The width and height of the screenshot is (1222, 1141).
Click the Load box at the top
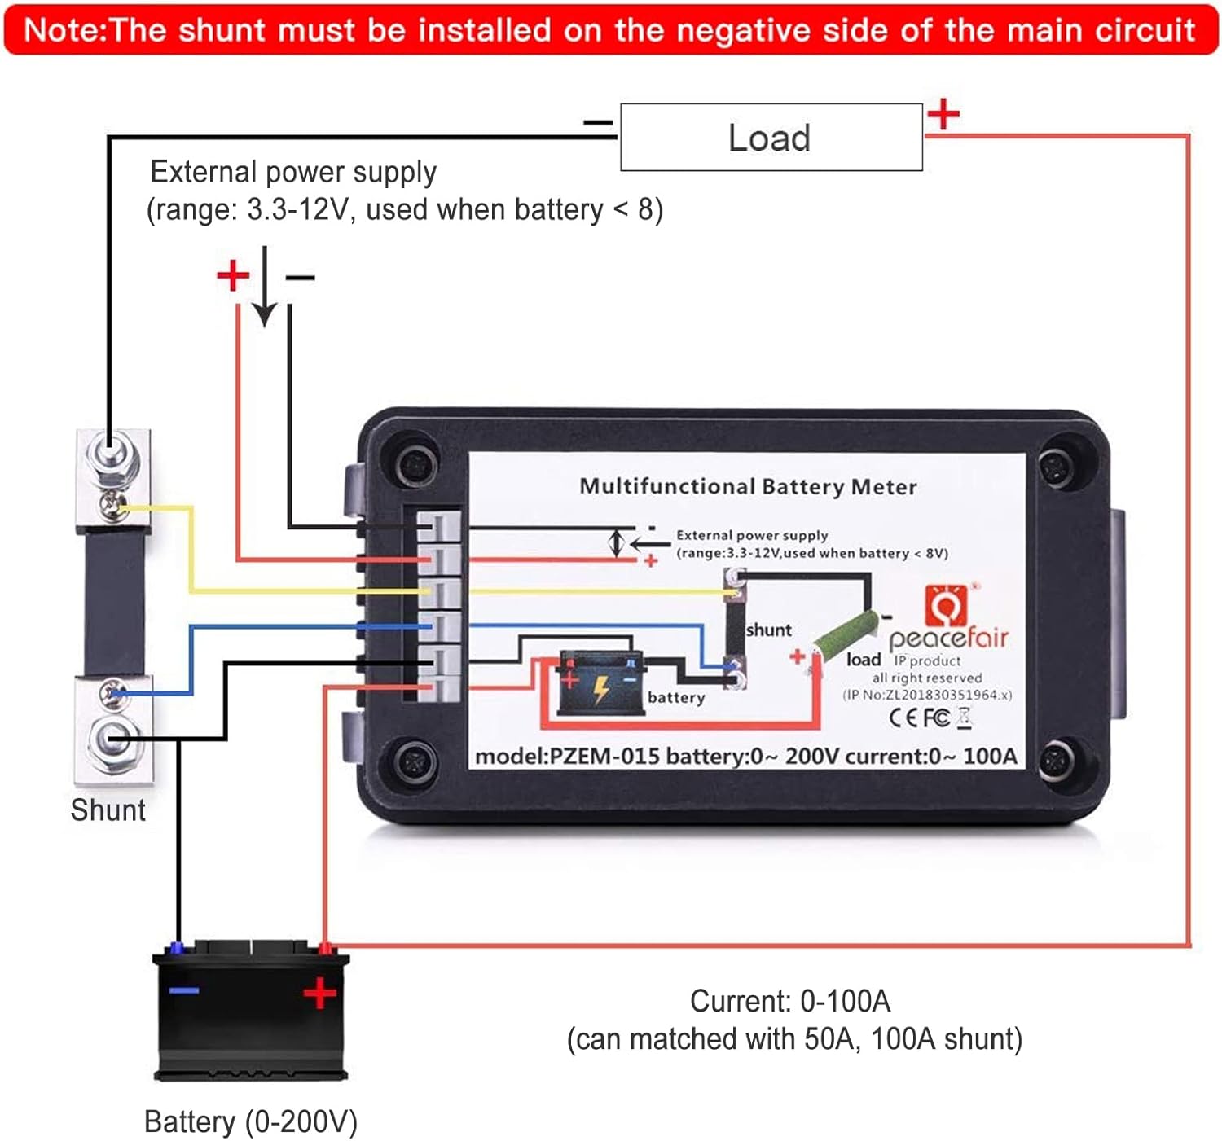pos(771,137)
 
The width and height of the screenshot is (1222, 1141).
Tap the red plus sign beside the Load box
pos(943,113)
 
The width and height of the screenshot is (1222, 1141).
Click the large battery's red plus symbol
pos(319,993)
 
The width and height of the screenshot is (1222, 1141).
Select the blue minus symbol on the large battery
pos(184,990)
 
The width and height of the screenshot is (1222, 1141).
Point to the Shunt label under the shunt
pos(108,810)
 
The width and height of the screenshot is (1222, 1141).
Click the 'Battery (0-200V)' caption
pos(250,1121)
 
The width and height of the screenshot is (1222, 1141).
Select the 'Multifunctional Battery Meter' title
pos(747,486)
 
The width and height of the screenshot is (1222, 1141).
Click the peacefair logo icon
pos(947,605)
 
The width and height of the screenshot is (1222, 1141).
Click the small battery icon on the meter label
pos(599,682)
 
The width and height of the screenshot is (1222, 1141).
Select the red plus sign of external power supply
pos(233,275)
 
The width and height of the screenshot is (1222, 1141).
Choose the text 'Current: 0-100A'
pos(789,1001)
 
